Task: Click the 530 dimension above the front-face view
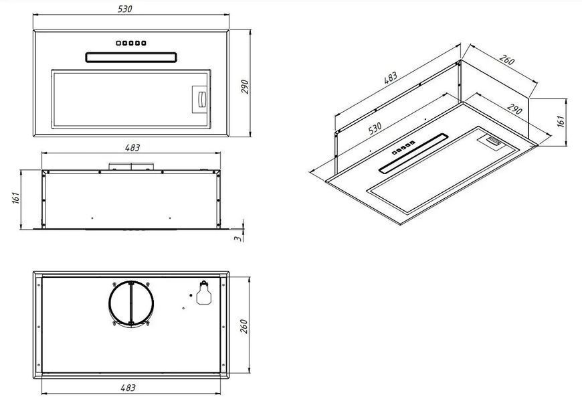[x=124, y=9]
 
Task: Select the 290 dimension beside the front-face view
[x=245, y=86]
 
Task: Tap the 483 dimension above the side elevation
[x=132, y=147]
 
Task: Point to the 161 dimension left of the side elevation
[x=15, y=197]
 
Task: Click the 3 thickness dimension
[x=237, y=238]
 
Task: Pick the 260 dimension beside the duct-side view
[x=244, y=326]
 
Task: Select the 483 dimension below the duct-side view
[x=128, y=388]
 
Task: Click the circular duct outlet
[x=131, y=303]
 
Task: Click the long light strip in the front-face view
[x=131, y=57]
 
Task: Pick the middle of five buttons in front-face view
[x=131, y=43]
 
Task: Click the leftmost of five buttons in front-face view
[x=118, y=43]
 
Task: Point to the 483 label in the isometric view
[x=391, y=78]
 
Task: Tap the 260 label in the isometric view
[x=506, y=60]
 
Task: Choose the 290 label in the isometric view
[x=514, y=109]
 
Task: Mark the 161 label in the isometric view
[x=561, y=121]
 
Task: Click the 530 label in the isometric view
[x=375, y=128]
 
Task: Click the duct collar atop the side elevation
[x=131, y=167]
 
